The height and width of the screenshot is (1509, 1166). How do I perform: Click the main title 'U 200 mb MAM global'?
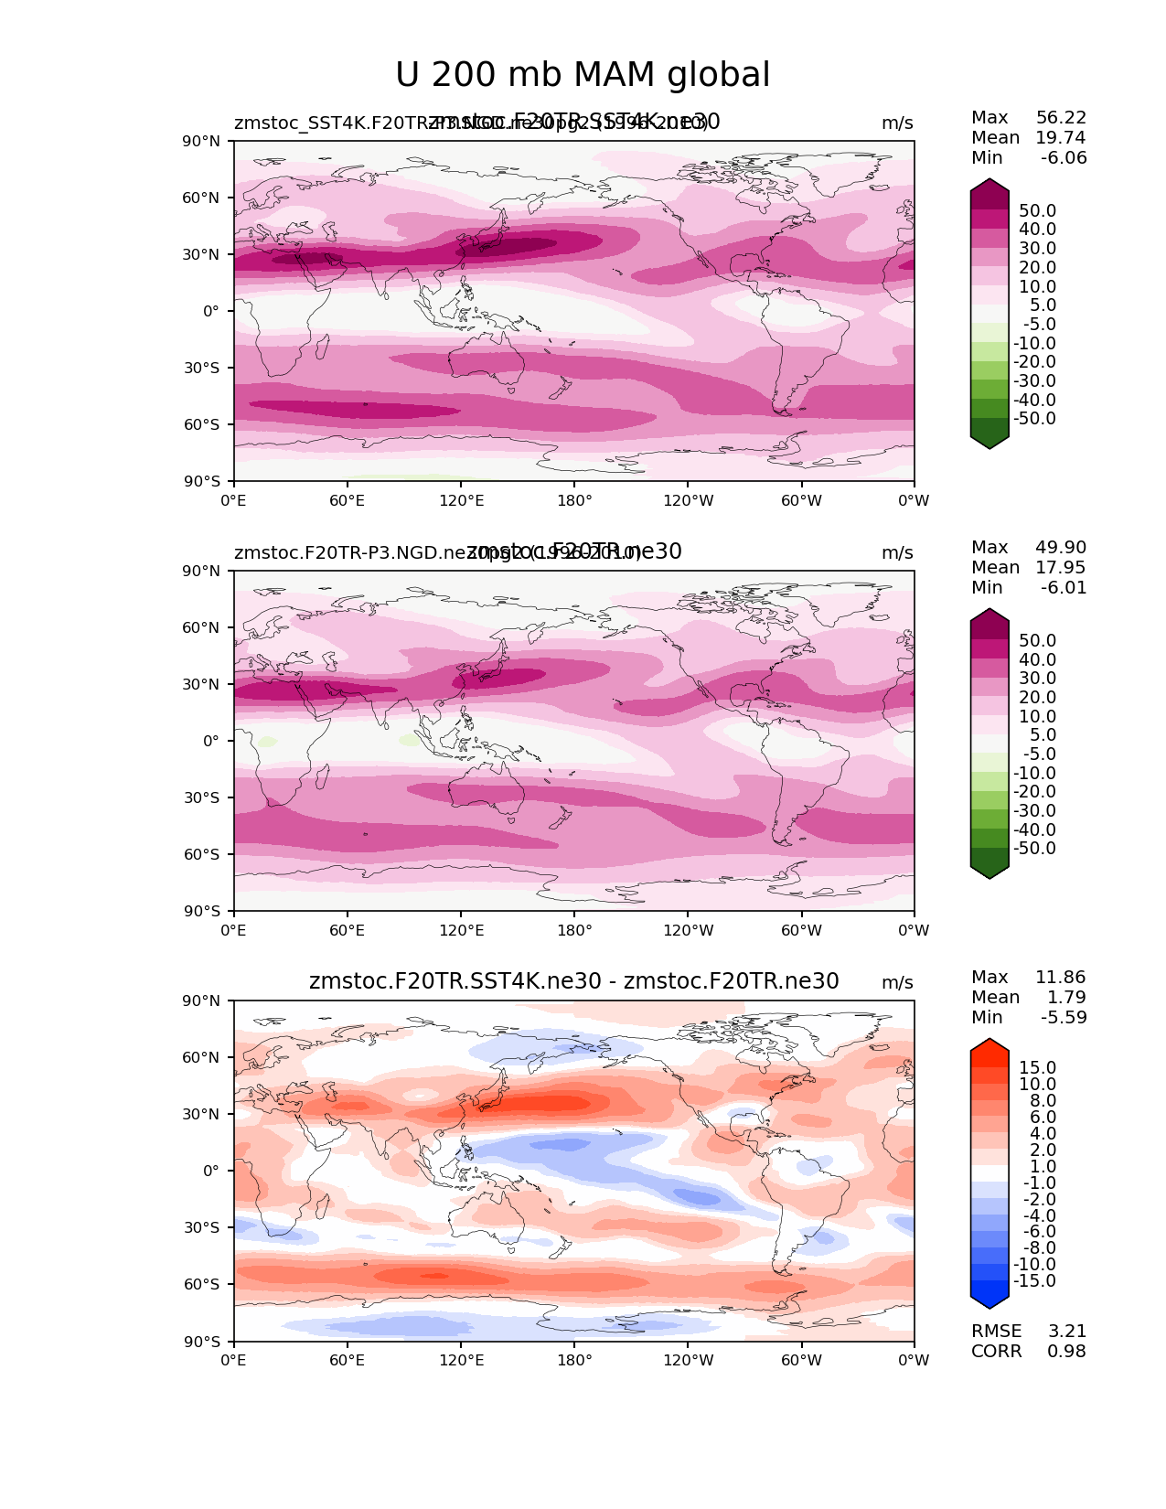point(583,75)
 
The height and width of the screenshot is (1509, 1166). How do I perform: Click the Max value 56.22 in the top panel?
point(1061,118)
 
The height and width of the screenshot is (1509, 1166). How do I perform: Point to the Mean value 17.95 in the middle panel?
point(1061,568)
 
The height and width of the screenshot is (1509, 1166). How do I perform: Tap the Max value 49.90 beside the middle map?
point(1061,548)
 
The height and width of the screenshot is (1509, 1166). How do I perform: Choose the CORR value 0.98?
point(1066,1352)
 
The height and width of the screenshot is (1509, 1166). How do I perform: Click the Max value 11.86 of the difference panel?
point(1061,978)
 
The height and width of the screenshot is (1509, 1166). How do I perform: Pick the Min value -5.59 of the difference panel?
point(1064,1018)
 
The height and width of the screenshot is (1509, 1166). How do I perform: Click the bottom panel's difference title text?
point(573,982)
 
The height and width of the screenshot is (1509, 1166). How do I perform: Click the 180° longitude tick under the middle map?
point(574,931)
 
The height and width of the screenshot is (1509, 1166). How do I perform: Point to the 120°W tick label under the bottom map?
point(689,1361)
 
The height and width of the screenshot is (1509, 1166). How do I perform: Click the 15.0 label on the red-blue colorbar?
point(1037,1068)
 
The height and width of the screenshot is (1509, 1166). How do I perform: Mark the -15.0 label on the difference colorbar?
point(1034,1281)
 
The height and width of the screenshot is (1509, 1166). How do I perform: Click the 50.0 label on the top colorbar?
point(1037,211)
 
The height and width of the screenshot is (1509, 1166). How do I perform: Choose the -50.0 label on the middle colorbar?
point(1034,849)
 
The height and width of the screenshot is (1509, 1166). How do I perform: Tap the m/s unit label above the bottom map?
point(897,983)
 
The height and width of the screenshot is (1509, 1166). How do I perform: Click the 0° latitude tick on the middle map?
point(212,742)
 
